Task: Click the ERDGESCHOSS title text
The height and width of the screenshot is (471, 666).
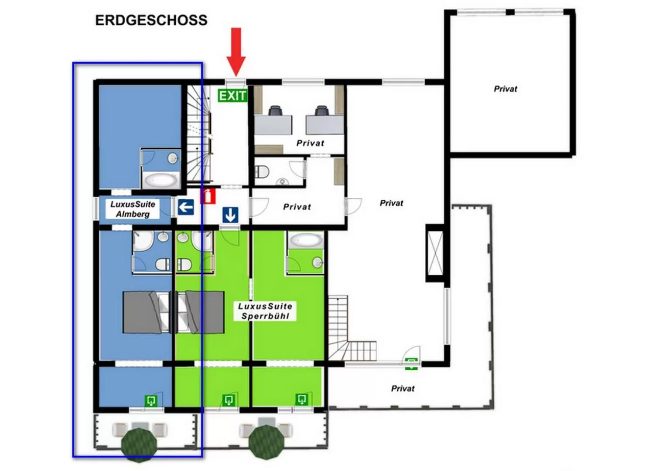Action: (x=151, y=20)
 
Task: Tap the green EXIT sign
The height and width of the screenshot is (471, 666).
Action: (x=232, y=96)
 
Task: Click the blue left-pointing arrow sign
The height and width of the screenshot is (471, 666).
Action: (x=186, y=207)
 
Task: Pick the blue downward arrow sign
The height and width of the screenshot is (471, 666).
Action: (x=230, y=215)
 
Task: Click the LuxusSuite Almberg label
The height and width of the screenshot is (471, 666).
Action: (x=133, y=209)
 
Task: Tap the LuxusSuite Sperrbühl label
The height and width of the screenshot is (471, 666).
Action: (x=265, y=311)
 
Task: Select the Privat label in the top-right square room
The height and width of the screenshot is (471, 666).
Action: (x=505, y=89)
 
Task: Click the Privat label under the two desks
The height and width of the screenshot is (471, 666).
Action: (x=310, y=143)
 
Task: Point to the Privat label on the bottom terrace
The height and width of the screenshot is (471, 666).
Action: (x=403, y=389)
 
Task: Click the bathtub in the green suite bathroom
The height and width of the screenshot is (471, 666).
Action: (x=306, y=240)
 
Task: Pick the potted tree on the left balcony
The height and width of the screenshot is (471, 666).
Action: (x=139, y=444)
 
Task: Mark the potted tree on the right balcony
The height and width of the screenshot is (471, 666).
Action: (x=266, y=442)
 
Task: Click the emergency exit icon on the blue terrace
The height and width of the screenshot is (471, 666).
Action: (x=151, y=400)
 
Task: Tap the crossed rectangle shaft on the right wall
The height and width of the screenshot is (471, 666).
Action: (x=435, y=253)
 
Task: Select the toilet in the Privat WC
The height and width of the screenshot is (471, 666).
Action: (x=262, y=172)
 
